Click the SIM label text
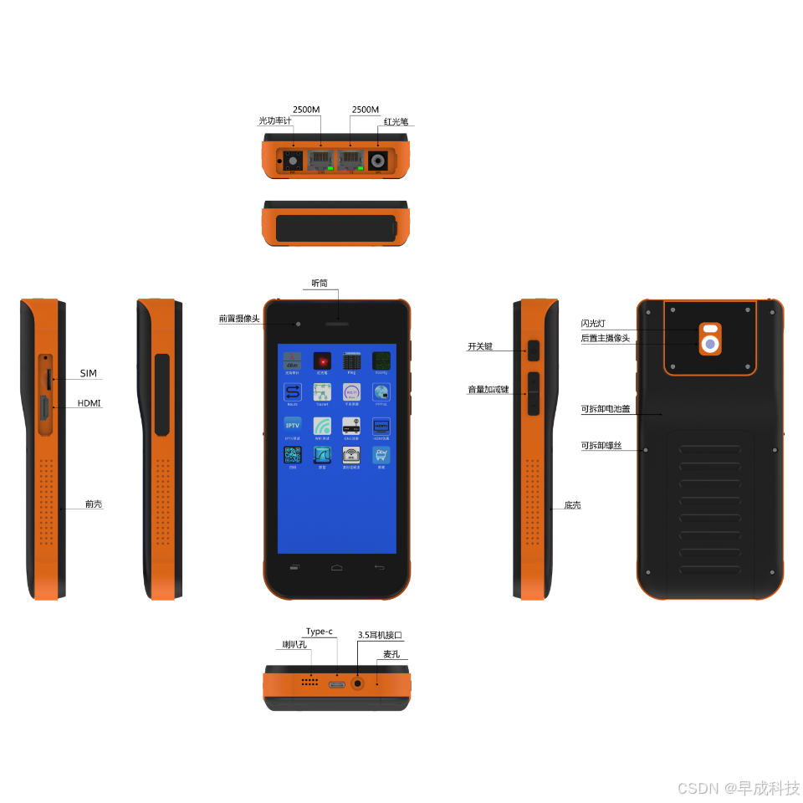click(89, 373)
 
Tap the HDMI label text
click(89, 403)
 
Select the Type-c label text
click(319, 632)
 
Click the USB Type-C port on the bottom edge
click(337, 685)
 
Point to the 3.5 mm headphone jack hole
click(358, 683)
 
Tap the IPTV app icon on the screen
click(293, 424)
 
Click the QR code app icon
click(293, 455)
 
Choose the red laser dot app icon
click(322, 361)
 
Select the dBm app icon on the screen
click(293, 361)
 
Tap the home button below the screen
click(336, 568)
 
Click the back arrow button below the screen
click(379, 568)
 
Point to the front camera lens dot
click(298, 324)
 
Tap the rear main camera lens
click(710, 344)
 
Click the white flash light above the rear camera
click(710, 329)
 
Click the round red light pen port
click(380, 161)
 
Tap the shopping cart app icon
click(381, 455)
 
